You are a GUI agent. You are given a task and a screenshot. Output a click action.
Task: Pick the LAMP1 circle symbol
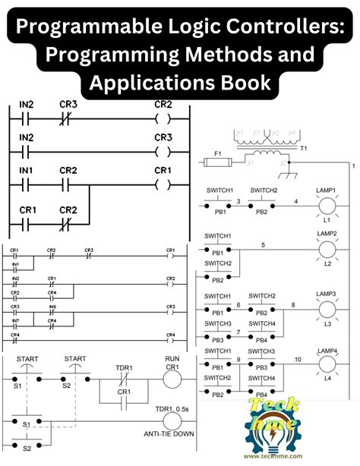[327, 205]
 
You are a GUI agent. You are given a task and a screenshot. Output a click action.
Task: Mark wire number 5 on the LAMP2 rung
[263, 244]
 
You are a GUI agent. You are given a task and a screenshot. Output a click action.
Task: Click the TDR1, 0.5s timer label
[172, 408]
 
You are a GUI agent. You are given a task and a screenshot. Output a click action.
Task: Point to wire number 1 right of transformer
[352, 165]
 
